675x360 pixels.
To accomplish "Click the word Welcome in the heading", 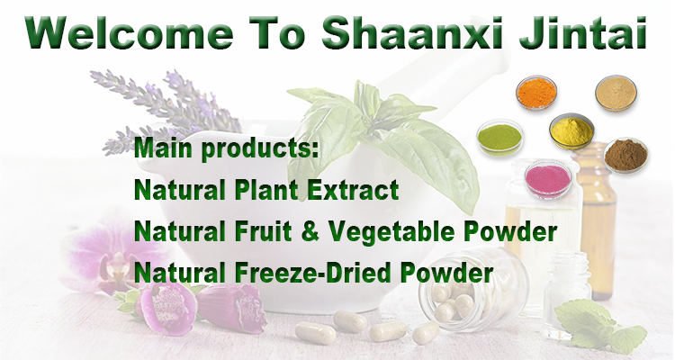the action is pos(129,32).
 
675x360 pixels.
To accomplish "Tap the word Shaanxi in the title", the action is pos(412,32).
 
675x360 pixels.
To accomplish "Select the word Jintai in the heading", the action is pos(583,32).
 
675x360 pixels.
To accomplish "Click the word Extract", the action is pos(353,190).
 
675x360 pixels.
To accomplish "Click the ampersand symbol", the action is pos(310,231).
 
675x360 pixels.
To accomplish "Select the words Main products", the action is pos(227,149).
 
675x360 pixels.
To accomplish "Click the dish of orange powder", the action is pos(536,92).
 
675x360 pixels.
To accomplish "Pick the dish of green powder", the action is pos(499,138).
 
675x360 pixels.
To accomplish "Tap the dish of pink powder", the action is pos(548,180).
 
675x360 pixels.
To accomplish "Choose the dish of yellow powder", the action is pos(571,131).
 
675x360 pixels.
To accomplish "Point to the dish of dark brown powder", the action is pos(625,155).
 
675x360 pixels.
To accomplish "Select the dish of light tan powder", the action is pos(616,94).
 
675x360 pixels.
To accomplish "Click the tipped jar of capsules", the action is pos(472,287).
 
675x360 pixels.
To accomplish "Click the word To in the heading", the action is pos(277,32).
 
